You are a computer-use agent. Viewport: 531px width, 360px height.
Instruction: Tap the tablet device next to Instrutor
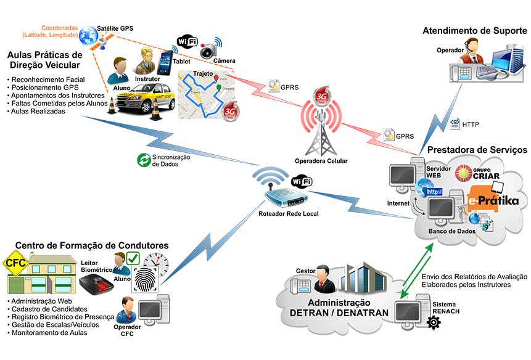click(165, 63)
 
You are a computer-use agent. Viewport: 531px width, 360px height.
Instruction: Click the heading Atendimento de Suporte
click(473, 31)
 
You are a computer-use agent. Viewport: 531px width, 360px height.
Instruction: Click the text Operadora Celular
click(321, 161)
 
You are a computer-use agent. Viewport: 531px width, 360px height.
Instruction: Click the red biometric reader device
click(96, 285)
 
